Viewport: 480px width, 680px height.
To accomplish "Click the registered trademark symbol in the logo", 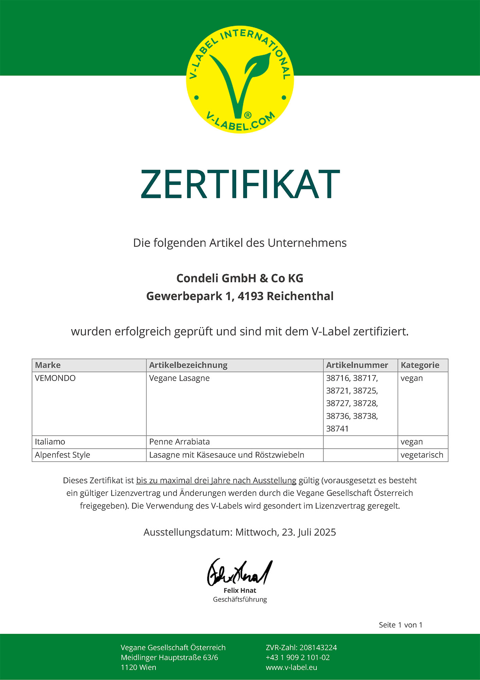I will tap(248, 115).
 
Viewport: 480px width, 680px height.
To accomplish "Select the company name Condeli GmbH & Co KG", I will tap(240, 278).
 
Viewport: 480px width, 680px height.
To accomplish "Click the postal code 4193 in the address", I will tap(250, 296).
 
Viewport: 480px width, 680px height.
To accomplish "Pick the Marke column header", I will tap(48, 365).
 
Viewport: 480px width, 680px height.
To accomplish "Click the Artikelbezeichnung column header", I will tap(188, 365).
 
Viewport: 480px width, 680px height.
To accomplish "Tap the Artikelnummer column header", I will tap(357, 365).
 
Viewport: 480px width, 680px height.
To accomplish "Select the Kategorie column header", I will tap(420, 365).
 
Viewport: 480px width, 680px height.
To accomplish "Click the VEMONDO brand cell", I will tap(55, 378).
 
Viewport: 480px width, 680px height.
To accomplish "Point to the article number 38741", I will tap(337, 429).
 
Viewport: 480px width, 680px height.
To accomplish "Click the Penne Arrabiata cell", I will tap(180, 442).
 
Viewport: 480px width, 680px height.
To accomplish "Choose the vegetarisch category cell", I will tap(422, 455).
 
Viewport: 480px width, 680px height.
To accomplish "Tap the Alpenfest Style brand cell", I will tap(62, 455).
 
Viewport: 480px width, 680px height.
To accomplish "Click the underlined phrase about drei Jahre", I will tap(216, 480).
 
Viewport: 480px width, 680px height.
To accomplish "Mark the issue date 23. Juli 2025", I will tap(309, 532).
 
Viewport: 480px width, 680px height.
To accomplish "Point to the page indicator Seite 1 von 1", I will tap(401, 625).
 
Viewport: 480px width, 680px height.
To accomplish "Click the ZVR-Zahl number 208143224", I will tap(318, 648).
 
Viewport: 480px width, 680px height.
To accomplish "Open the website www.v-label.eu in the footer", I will tap(291, 667).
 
